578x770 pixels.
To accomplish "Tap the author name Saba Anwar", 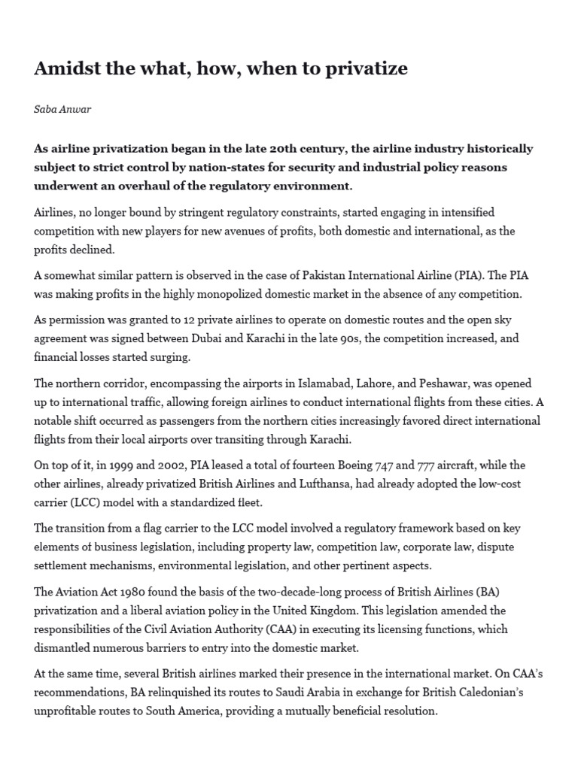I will tap(62, 110).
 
